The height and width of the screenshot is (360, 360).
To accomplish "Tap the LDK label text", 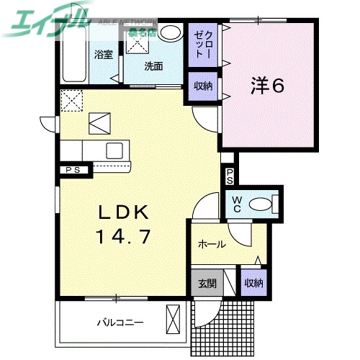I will [123, 212].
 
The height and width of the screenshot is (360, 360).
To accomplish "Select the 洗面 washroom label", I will [153, 66].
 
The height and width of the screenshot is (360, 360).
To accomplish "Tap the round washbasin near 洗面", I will [171, 32].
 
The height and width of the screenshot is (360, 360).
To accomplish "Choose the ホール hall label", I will [212, 244].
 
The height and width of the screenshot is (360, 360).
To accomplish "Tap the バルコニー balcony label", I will [120, 323].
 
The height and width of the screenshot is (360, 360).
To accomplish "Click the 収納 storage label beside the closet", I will [202, 86].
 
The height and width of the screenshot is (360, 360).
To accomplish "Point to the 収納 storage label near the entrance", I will [253, 283].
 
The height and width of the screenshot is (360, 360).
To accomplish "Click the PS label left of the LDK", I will [73, 170].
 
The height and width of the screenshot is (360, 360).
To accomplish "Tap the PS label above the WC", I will [229, 176].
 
